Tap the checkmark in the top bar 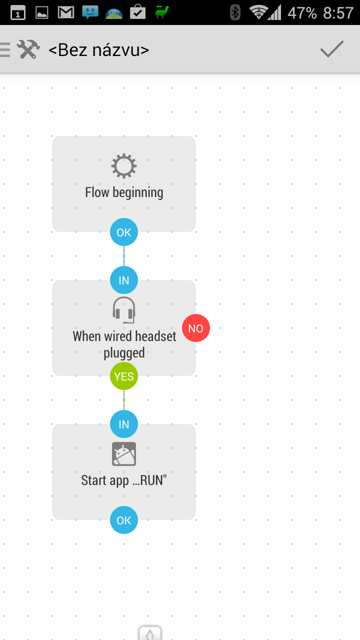point(331,49)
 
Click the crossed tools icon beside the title point(28,49)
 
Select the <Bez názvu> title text point(99,50)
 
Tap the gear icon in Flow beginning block point(124,166)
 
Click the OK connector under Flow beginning point(124,232)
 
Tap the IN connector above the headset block point(124,280)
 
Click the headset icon point(124,310)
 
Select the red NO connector point(196,328)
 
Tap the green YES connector point(124,376)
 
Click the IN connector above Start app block point(124,424)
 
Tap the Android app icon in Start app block point(124,454)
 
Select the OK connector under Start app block point(124,520)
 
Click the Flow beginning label point(124,193)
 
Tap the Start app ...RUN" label point(124,480)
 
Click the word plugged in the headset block point(124,353)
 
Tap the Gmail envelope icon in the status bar point(66,12)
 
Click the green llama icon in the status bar point(161,12)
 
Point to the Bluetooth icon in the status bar point(235,12)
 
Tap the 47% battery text point(302,13)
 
